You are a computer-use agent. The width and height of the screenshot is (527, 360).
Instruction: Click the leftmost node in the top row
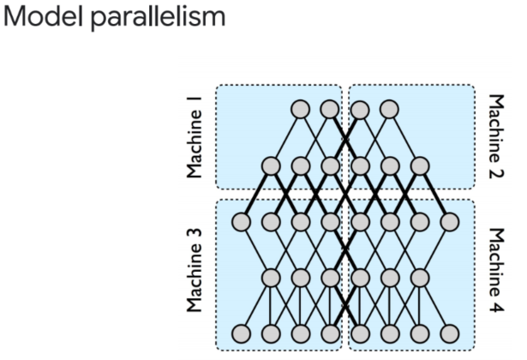(x=300, y=110)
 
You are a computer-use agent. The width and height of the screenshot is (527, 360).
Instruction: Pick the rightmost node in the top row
(x=389, y=110)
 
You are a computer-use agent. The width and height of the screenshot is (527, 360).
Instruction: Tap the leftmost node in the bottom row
(x=241, y=333)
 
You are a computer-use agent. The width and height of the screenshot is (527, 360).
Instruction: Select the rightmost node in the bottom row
(x=449, y=333)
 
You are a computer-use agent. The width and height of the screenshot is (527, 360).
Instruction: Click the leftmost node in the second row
(x=271, y=165)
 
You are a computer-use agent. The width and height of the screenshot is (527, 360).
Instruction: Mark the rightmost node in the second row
(x=419, y=165)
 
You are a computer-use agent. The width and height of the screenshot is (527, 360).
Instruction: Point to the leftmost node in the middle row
(x=241, y=222)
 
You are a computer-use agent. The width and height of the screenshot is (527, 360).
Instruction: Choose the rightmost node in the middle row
(x=449, y=222)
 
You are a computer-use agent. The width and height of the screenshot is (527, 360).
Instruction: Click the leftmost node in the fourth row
(x=271, y=278)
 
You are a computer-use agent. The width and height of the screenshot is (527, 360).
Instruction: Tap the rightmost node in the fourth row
(x=419, y=278)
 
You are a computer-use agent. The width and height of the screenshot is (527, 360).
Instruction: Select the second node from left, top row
(x=330, y=110)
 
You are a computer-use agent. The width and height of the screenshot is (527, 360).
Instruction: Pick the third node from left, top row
(x=360, y=110)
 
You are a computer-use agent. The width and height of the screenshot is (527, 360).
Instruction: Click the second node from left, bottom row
(x=271, y=333)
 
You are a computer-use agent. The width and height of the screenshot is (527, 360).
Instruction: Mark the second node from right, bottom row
(x=419, y=333)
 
